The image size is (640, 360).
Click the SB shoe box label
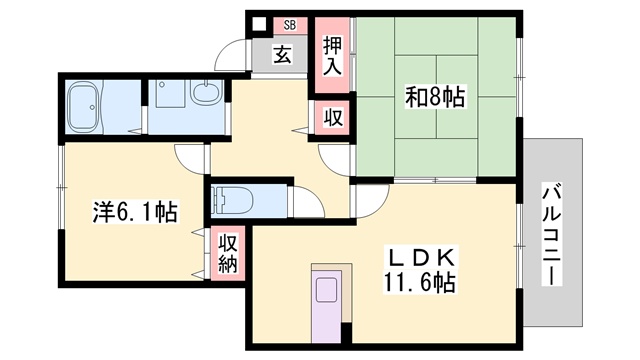pyautogui.click(x=290, y=25)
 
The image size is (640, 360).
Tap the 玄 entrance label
pyautogui.click(x=282, y=54)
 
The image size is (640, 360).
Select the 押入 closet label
pyautogui.click(x=332, y=56)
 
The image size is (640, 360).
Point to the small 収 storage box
pyautogui.click(x=333, y=118)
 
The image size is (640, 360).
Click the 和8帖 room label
pyautogui.click(x=435, y=97)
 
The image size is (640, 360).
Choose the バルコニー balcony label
pyautogui.click(x=552, y=235)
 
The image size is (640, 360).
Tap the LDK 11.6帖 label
pyautogui.click(x=419, y=269)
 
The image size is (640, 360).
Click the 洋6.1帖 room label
pyautogui.click(x=135, y=212)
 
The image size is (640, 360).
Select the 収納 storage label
pyautogui.click(x=228, y=254)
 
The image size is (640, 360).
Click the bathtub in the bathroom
pyautogui.click(x=84, y=107)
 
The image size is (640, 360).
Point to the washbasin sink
pyautogui.click(x=207, y=92)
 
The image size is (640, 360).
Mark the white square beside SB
pyautogui.click(x=259, y=24)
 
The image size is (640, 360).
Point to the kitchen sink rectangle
pyautogui.click(x=327, y=290)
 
